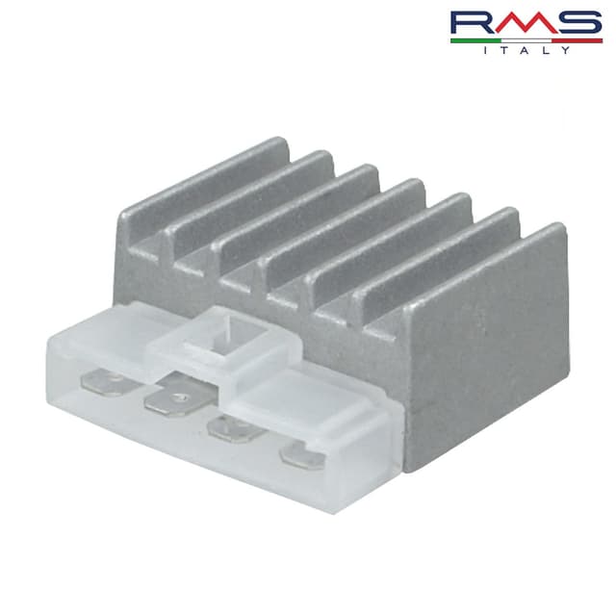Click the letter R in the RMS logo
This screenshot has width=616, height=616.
point(472,23)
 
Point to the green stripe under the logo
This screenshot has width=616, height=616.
point(476,40)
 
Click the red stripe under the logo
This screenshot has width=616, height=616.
point(577,40)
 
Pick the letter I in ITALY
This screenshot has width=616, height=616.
point(486,50)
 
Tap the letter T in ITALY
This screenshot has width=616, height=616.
point(505,50)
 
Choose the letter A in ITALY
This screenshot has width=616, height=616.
point(526,50)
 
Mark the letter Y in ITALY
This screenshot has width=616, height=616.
point(565,50)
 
